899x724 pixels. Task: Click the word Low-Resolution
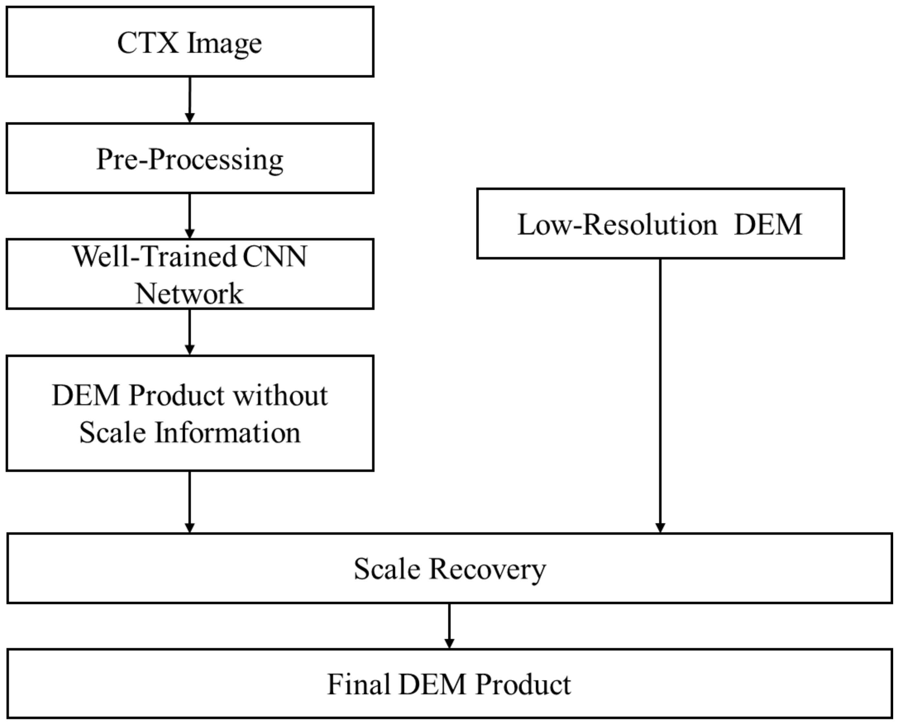click(x=617, y=224)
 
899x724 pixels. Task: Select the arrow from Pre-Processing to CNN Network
click(x=190, y=216)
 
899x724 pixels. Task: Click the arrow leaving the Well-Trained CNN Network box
click(x=190, y=332)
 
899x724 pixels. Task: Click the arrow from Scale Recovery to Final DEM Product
click(x=449, y=625)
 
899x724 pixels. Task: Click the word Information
click(x=227, y=432)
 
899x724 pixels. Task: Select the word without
click(x=280, y=395)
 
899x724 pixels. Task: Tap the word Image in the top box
click(x=224, y=43)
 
